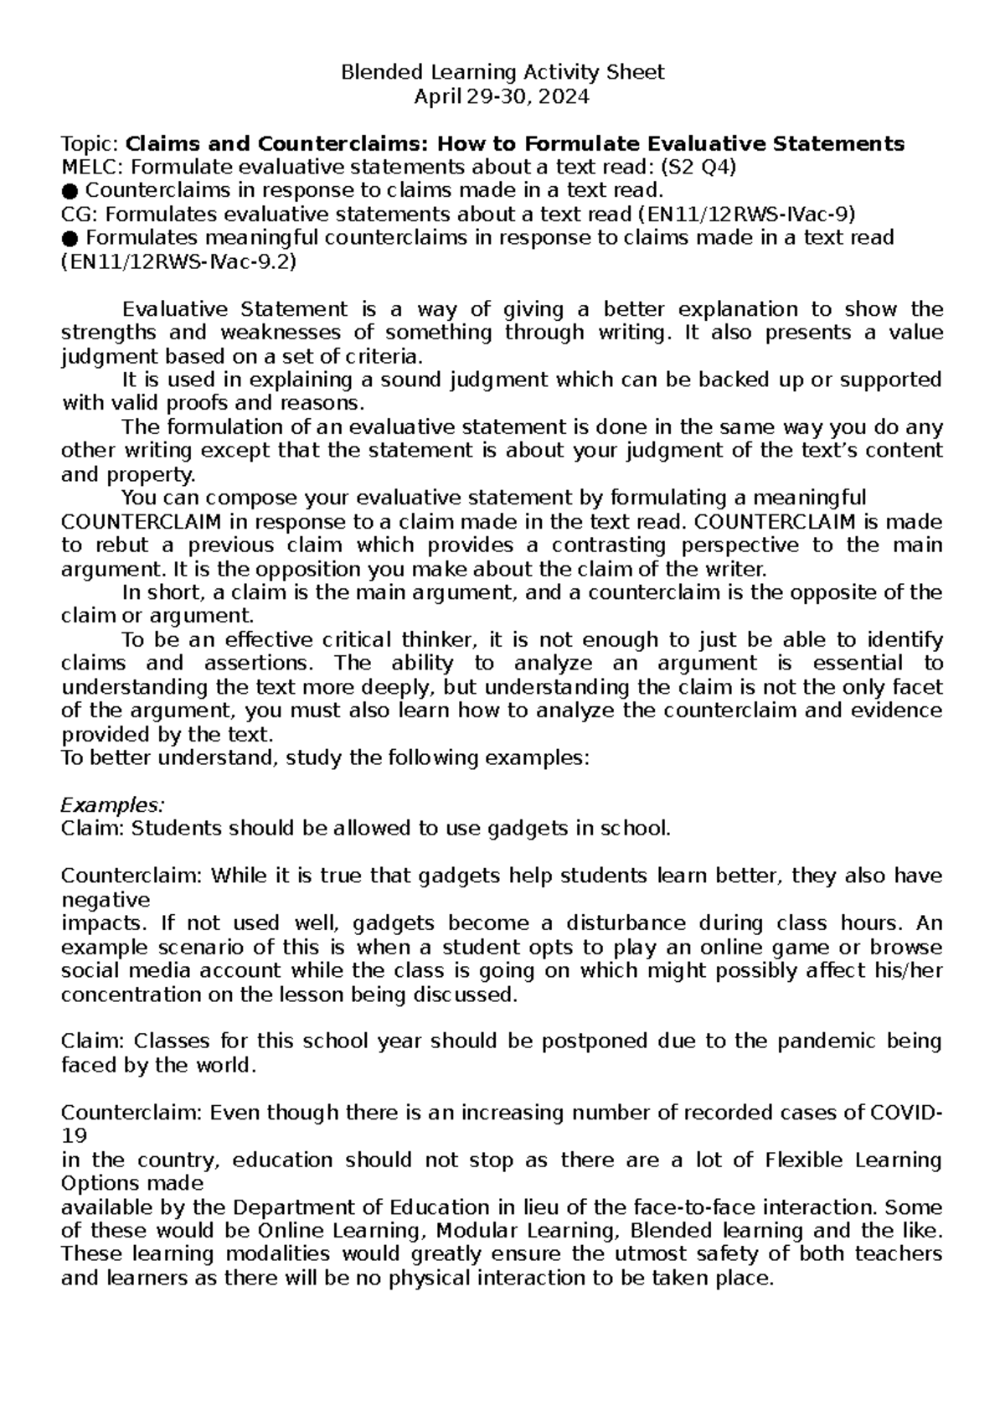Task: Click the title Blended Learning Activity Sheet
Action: coord(502,72)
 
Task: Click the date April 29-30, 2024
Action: coord(502,96)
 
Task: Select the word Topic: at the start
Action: coord(91,144)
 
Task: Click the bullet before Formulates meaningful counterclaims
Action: coord(70,238)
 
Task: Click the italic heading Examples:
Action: coord(113,805)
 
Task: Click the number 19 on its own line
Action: coord(74,1137)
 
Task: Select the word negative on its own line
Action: coord(106,901)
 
